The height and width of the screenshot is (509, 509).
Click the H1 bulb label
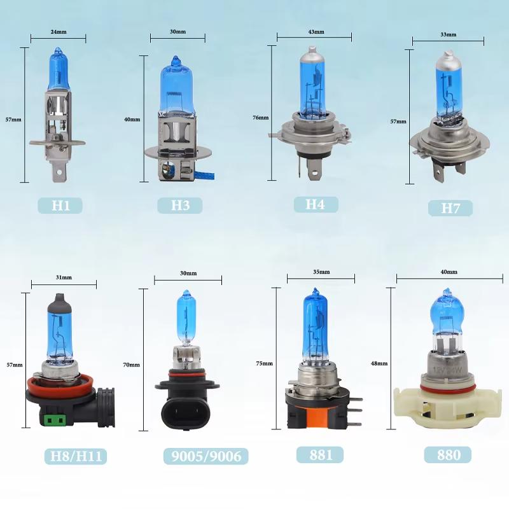point(60,206)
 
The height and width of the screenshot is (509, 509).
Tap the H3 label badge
point(180,206)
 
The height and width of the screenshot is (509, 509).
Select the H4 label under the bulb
point(316,204)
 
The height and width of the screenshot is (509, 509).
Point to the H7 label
point(450,208)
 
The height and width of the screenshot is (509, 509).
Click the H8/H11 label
point(76,456)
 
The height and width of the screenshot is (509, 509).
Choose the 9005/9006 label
point(206,456)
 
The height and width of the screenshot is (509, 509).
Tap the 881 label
point(320,454)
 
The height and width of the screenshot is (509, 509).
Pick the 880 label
point(448,454)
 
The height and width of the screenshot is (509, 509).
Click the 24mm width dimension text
point(59,32)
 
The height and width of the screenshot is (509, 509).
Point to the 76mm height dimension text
point(261,118)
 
